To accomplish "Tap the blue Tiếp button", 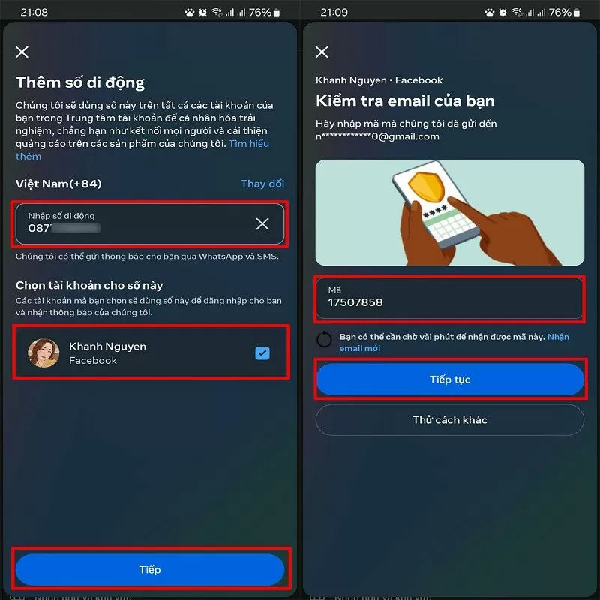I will pos(149,570).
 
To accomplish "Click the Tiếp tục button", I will pos(450,379).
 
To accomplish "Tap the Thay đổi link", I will pos(262,184).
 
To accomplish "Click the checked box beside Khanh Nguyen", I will pos(262,353).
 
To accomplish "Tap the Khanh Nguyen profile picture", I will pos(43,353).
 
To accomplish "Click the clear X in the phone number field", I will pos(262,223).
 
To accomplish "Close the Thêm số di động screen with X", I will pos(22,52).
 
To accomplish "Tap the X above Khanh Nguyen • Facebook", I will pos(322,52).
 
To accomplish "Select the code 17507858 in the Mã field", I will pos(355,302).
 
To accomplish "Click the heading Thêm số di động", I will pos(80,82).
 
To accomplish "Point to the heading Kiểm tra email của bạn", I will pos(405,100).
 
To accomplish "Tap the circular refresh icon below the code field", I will pos(324,340).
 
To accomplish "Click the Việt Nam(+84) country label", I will pos(58,184).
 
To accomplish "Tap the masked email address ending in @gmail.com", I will pos(377,136).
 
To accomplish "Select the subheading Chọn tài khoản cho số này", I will pos(89,285).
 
